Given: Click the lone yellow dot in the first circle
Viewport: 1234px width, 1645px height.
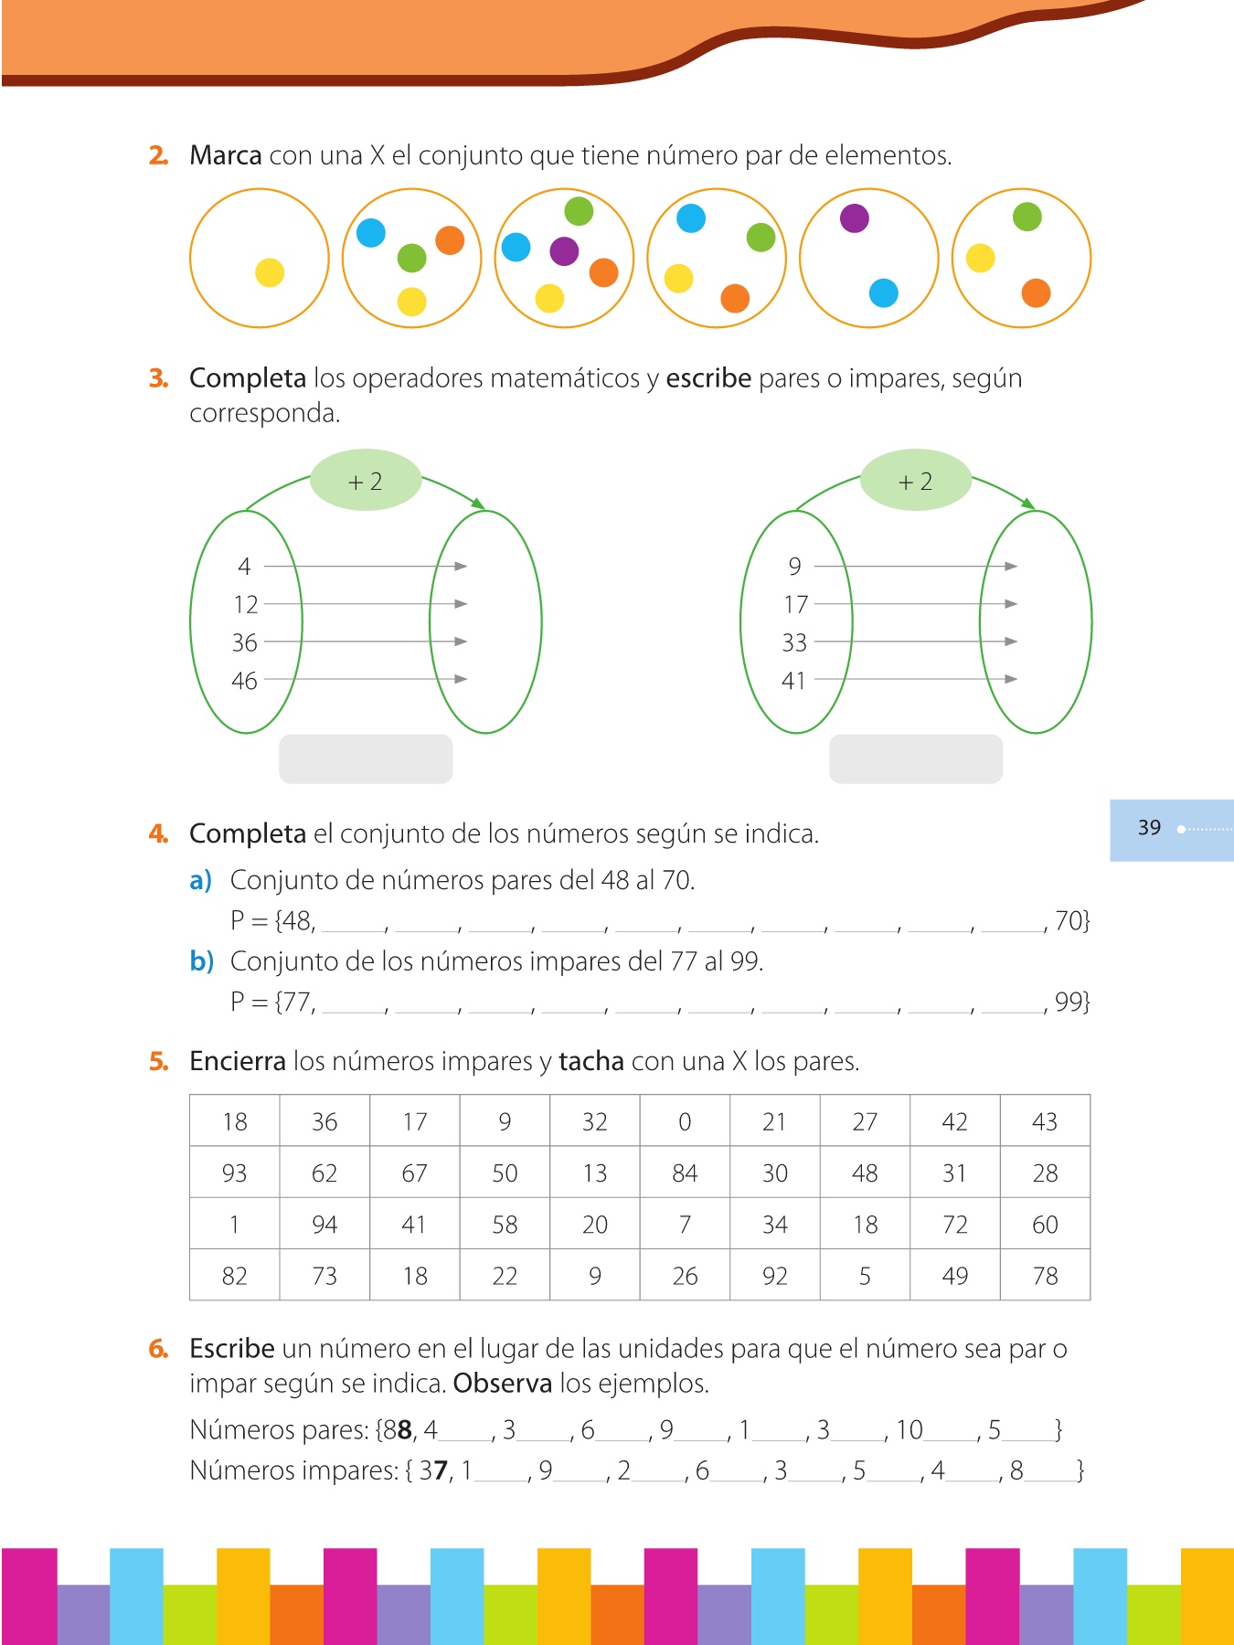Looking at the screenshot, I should (270, 272).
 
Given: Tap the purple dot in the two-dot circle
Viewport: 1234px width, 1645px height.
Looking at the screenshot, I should (854, 218).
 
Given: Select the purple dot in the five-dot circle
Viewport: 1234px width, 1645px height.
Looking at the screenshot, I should (564, 250).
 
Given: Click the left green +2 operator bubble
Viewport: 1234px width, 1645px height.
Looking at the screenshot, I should (366, 481).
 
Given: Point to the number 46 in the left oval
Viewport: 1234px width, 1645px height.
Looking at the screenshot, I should (244, 681).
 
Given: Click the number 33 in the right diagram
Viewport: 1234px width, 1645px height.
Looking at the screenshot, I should (794, 642).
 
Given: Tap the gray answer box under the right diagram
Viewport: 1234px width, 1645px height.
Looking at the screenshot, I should (915, 759).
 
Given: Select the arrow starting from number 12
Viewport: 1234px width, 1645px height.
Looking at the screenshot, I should (366, 604).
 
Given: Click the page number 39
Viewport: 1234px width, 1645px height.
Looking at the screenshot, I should (1149, 828).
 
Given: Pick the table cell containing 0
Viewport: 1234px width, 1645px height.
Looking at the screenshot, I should (685, 1121).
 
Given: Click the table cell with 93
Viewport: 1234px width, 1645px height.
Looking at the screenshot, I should (234, 1173).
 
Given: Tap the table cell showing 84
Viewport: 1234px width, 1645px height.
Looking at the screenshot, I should (685, 1173).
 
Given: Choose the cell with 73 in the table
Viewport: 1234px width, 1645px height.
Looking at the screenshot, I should (324, 1276).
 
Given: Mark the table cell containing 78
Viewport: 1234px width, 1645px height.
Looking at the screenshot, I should (1045, 1276).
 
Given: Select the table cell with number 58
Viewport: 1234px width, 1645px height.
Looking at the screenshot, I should (505, 1225).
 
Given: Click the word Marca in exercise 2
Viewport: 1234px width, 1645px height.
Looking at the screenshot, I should (226, 155).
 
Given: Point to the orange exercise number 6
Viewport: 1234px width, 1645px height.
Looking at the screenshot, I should (158, 1349).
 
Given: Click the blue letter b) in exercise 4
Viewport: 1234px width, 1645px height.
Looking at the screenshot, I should (201, 961).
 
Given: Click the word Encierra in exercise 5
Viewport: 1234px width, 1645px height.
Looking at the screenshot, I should (238, 1061).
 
